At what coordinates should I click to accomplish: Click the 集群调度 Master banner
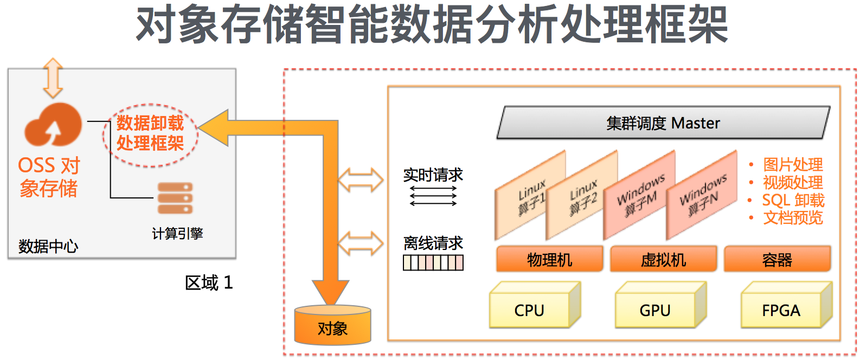(663, 123)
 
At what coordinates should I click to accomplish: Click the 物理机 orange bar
(549, 260)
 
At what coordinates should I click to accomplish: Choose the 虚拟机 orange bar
(663, 260)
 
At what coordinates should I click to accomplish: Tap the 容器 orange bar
(777, 260)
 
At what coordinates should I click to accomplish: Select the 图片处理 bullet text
(793, 164)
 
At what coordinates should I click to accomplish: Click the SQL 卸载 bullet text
(793, 200)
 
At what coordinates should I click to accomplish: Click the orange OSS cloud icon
(53, 125)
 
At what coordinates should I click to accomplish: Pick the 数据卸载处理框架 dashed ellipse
(150, 133)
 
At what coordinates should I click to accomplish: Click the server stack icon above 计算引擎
(175, 198)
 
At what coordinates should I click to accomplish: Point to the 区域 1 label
(209, 282)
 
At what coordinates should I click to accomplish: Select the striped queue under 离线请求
(433, 263)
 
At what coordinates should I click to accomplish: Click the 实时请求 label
(433, 175)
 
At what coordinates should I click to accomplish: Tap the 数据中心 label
(48, 247)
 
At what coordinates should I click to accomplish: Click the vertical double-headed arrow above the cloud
(53, 78)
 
